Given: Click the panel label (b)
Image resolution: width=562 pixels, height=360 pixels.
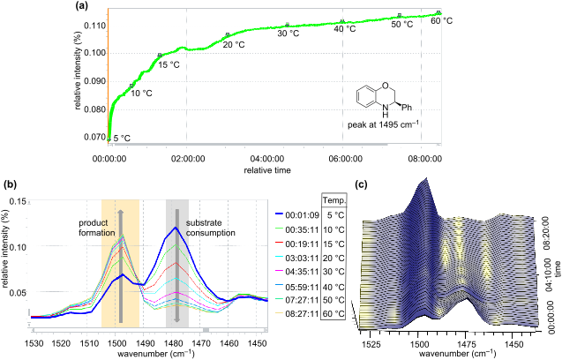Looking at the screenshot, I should coord(9,184).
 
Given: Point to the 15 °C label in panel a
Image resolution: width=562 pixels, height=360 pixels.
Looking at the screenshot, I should coord(169,64).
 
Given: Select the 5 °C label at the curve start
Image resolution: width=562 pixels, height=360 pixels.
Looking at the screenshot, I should coord(122,138).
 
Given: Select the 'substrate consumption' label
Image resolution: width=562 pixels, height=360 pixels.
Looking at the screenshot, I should coord(210,228).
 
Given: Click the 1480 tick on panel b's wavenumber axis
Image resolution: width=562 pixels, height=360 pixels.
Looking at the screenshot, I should coord(176,341).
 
